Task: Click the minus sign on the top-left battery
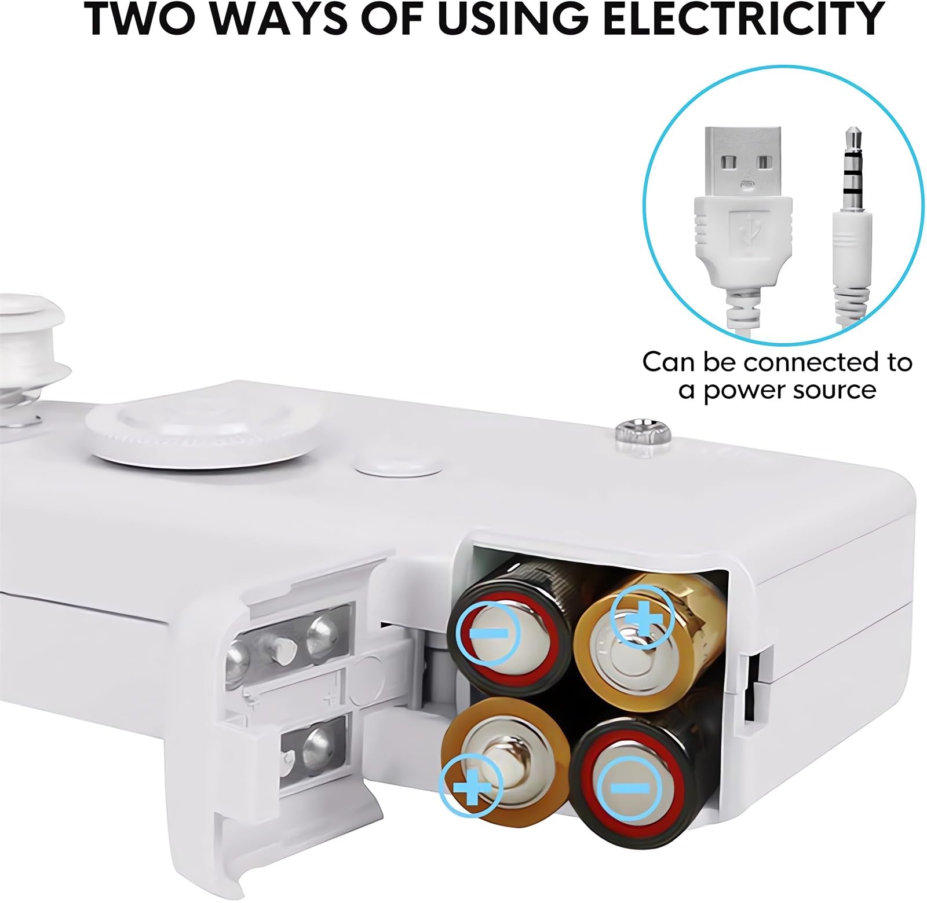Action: point(490,632)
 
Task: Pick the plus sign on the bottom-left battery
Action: point(472,788)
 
